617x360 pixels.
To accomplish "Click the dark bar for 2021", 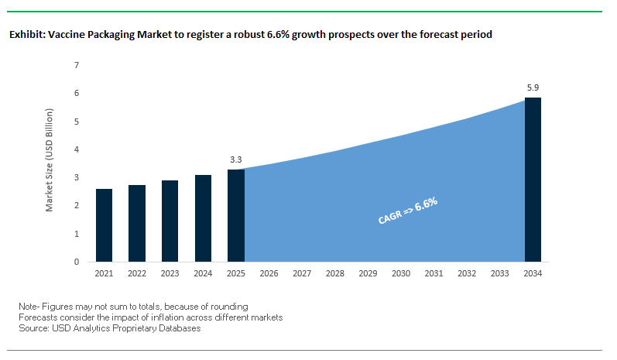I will [x=105, y=225].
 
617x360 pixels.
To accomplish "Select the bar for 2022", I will [x=137, y=224].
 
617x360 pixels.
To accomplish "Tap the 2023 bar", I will [x=170, y=221].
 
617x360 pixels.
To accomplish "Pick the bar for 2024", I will [x=203, y=218].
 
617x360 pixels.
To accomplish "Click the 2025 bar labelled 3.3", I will [x=235, y=216].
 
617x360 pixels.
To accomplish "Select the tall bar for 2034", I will [x=533, y=180].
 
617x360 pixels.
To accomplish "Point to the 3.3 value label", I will [x=236, y=160].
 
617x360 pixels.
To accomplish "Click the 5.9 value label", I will [x=533, y=88].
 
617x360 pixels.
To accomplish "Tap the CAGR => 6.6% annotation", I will [x=408, y=211].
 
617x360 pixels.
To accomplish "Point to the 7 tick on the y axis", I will [x=76, y=65].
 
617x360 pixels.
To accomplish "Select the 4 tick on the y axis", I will [x=76, y=149].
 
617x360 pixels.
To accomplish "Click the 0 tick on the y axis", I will [x=76, y=262].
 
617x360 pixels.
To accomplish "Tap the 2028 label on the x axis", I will [x=335, y=273].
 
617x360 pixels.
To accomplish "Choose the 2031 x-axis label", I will [x=434, y=273].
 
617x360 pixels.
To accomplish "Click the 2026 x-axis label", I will [x=269, y=273].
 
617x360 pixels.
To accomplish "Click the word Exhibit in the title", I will [x=25, y=35].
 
